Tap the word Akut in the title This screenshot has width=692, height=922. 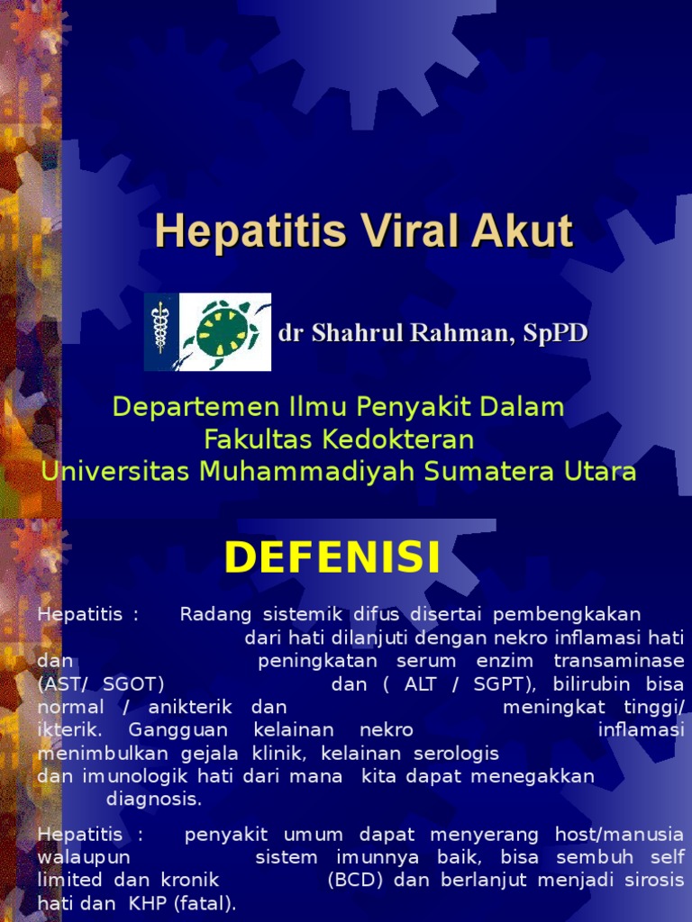[528, 231]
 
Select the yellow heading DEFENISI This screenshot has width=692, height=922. [332, 558]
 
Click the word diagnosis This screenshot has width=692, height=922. [154, 799]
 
